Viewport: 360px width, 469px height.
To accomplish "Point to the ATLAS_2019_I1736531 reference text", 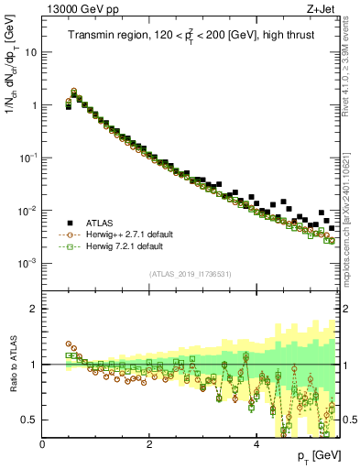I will (x=189, y=274).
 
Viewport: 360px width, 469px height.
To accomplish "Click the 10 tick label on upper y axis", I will (x=31, y=52).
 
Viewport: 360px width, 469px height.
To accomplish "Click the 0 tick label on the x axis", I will (x=42, y=444).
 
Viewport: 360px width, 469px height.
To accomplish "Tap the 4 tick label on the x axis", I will (x=256, y=444).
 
